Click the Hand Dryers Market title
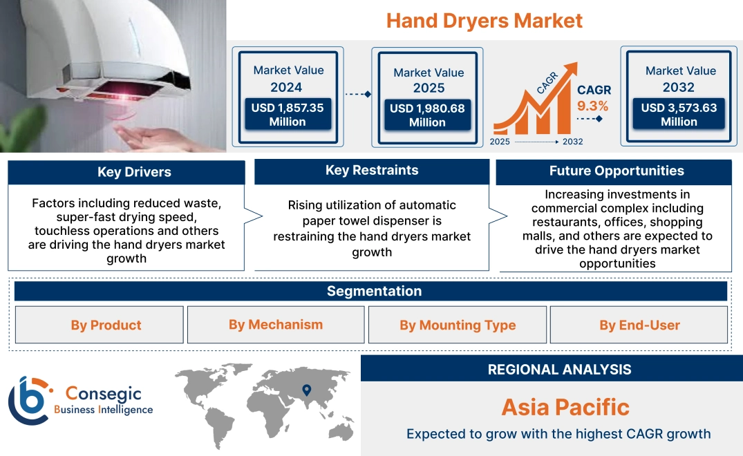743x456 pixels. [x=484, y=21]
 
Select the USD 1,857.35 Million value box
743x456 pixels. [x=287, y=115]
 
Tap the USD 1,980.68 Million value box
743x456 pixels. [x=427, y=115]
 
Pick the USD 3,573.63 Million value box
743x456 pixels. [x=679, y=115]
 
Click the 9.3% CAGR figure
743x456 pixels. [x=592, y=106]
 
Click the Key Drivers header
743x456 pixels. [x=134, y=173]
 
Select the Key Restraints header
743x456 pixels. [x=372, y=171]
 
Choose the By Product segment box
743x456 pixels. [x=106, y=325]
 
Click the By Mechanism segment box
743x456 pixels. [x=276, y=325]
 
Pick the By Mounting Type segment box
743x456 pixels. [x=458, y=325]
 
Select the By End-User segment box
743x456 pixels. [x=639, y=325]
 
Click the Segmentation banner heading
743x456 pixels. [x=374, y=291]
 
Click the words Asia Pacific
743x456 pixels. [x=565, y=407]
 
